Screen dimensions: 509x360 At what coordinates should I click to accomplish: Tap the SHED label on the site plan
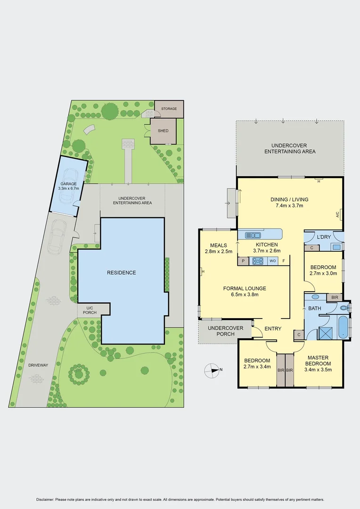point(163,131)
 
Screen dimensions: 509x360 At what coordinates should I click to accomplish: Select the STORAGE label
point(169,109)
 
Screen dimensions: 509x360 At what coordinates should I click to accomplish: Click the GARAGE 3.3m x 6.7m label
point(69,186)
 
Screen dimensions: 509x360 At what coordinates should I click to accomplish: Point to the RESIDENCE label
point(121,272)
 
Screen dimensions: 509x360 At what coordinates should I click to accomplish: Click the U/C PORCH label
point(90,310)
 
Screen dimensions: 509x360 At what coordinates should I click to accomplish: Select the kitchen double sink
point(254,235)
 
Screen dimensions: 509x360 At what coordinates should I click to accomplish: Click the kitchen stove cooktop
point(258,260)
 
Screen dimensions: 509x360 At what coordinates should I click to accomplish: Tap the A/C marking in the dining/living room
point(338,215)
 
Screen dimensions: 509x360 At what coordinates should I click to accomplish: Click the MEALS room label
point(216,248)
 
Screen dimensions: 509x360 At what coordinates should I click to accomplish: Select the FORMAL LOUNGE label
point(245,291)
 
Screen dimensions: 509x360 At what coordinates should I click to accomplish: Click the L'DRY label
point(323,237)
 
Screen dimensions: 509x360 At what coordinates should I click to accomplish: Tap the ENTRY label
point(273,329)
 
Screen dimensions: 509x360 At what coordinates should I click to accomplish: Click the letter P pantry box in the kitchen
point(243,261)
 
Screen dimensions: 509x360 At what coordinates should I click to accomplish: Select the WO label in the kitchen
point(272,261)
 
